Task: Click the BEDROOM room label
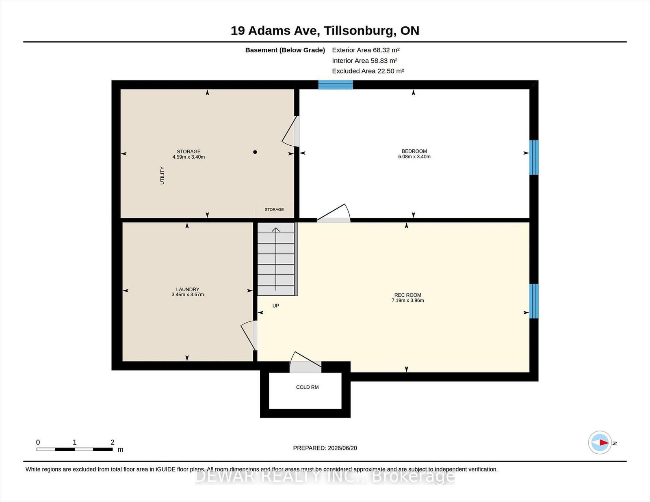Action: (x=414, y=151)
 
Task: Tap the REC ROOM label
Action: (x=407, y=295)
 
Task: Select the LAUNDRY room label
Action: (x=188, y=289)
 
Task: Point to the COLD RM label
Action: (x=307, y=387)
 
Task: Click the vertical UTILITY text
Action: (x=162, y=175)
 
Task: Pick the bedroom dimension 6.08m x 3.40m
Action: (x=414, y=157)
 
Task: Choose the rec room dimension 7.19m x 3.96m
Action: (x=408, y=300)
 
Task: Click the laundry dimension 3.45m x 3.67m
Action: (x=188, y=295)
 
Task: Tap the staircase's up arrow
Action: (x=276, y=259)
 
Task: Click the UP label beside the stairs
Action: (x=275, y=306)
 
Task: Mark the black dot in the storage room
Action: (x=255, y=152)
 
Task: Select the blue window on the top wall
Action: (x=335, y=85)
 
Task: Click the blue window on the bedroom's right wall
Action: (x=534, y=157)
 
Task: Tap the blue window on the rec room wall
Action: (x=534, y=301)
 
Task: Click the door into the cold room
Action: (x=305, y=362)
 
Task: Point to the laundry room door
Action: (x=249, y=335)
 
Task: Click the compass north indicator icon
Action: (x=600, y=442)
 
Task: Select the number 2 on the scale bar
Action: (x=113, y=442)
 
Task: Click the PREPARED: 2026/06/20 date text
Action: (x=325, y=448)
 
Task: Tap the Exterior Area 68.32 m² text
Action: (x=366, y=50)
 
